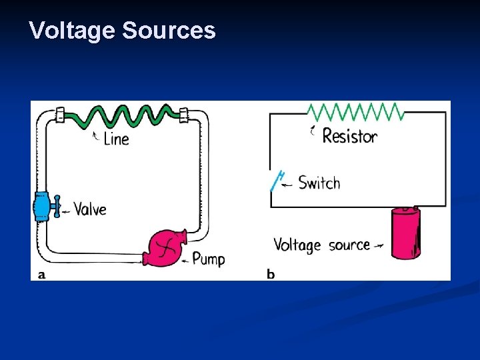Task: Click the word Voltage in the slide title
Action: pos(72,31)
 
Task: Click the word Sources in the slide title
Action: pos(169,31)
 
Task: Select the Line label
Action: pos(117,139)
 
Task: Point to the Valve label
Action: pos(89,209)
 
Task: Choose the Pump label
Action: pos(208,259)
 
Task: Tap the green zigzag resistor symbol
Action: pos(355,111)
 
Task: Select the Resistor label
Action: pos(349,137)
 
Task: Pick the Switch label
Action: pos(319,183)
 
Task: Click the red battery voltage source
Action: pos(405,233)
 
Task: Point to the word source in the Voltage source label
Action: pos(349,245)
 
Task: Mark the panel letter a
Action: pos(42,274)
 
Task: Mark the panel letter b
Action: pos(271,274)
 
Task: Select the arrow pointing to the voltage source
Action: pos(379,245)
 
